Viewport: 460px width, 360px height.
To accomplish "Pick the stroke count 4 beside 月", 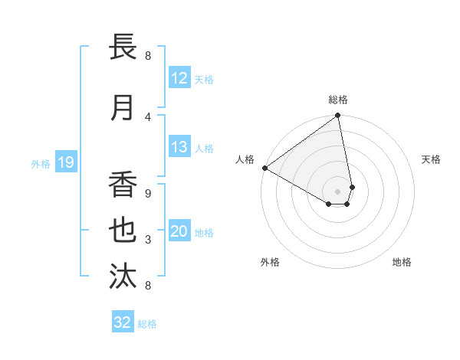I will pos(148,117).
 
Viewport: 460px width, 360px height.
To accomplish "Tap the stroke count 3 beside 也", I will pos(148,241).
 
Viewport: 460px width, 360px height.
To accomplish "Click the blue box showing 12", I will pos(179,78).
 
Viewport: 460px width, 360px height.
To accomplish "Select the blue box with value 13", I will pos(179,147).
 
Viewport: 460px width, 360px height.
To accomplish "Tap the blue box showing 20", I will pos(179,231).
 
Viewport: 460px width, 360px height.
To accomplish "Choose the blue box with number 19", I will pos(66,162).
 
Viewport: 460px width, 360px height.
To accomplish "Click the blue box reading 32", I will pos(123,322).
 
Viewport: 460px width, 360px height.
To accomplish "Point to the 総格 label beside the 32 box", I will pos(147,324).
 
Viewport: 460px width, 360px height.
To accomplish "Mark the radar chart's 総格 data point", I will pos(337,116).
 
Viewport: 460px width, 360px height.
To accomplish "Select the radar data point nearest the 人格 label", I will pos(264,167).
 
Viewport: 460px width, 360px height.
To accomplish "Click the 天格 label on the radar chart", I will pos(432,159).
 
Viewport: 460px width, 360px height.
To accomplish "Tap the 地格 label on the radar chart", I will pos(402,262).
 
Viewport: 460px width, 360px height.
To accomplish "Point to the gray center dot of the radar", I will pos(337,191).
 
